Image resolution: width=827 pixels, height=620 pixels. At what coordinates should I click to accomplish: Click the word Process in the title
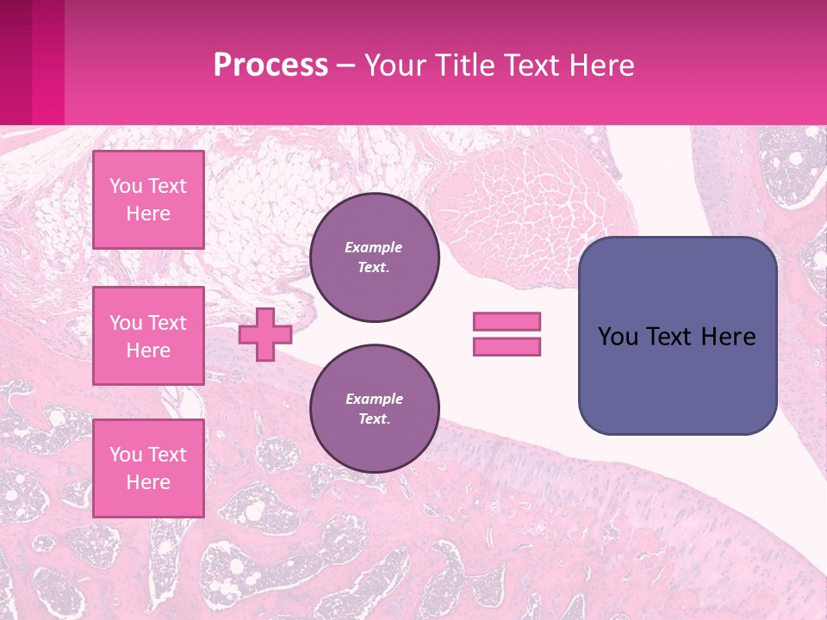tap(270, 65)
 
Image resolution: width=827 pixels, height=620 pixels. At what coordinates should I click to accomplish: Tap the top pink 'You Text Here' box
tap(148, 200)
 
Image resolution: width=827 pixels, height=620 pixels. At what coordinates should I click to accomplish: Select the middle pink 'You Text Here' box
tap(148, 336)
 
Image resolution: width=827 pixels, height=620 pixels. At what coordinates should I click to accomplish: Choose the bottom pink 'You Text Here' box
tap(148, 468)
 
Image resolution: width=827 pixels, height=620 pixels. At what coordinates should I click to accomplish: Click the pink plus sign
tap(264, 334)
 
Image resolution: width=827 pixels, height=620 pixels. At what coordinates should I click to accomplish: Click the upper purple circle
tap(375, 257)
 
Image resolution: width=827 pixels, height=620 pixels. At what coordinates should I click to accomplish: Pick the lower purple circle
tap(375, 409)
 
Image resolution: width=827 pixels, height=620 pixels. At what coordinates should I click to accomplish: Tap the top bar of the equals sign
tap(507, 321)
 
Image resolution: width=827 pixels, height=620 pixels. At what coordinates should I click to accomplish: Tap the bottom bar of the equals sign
tap(507, 346)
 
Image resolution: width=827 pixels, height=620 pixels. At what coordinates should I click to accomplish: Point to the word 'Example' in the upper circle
tap(373, 247)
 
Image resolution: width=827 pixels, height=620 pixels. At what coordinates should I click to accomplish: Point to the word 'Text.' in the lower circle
tap(375, 419)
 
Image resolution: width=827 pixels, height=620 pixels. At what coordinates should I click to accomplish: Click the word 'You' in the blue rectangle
tap(618, 337)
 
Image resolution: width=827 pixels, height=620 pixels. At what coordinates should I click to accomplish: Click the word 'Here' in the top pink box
tap(148, 214)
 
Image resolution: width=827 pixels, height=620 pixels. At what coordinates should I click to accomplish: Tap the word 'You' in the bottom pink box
tap(126, 455)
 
